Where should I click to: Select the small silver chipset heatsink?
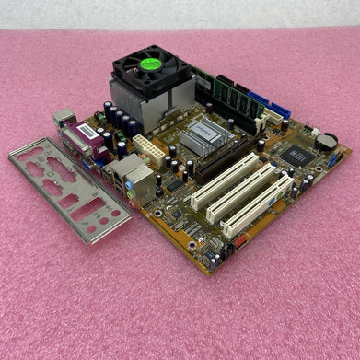[x=202, y=137]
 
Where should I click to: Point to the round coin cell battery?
[x=326, y=142]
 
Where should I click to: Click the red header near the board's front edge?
[x=240, y=243]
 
